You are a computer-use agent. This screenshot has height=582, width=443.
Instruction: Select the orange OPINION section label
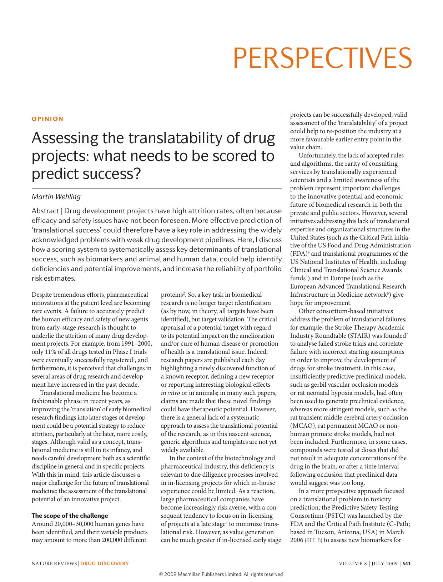(x=47, y=119)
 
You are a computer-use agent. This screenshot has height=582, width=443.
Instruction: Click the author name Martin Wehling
(x=56, y=197)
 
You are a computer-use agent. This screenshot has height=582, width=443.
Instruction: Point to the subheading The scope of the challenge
(x=70, y=516)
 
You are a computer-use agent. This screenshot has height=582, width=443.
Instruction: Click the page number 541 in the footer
(x=407, y=564)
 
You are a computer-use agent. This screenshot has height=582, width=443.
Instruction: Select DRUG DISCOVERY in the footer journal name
(x=105, y=564)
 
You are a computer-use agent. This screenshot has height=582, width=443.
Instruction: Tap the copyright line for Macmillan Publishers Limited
(x=221, y=574)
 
